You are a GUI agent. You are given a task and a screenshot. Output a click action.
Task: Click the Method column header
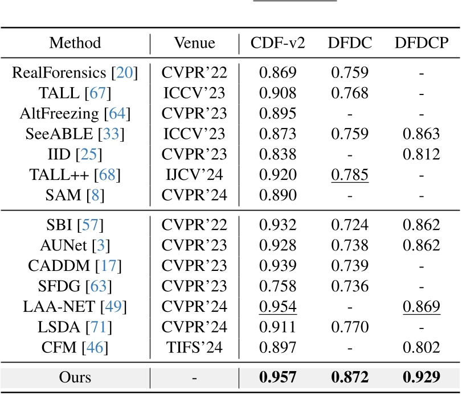75,43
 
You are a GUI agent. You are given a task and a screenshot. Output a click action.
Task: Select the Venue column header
195,43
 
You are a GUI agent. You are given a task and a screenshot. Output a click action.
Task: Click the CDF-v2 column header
277,43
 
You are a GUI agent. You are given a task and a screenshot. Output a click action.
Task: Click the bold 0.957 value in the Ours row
277,377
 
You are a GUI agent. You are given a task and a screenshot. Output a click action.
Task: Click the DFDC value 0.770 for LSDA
349,326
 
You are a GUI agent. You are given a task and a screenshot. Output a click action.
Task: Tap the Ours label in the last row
75,377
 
